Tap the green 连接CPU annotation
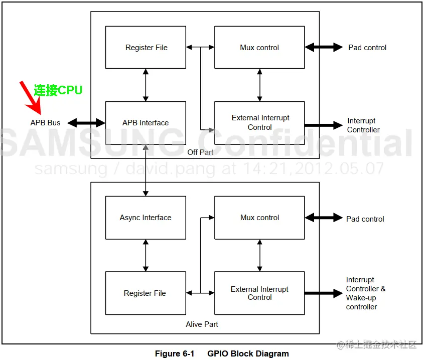click(58, 90)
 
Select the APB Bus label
click(45, 123)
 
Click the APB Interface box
click(146, 123)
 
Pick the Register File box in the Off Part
click(146, 48)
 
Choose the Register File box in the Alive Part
click(145, 293)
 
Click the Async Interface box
click(146, 218)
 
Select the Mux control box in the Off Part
click(259, 48)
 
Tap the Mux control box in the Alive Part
click(259, 218)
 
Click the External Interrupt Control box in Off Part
click(259, 123)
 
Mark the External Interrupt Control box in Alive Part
click(259, 293)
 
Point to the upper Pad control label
click(367, 48)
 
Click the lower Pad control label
click(365, 219)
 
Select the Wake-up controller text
click(361, 302)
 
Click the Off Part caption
click(200, 152)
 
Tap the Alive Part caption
click(202, 324)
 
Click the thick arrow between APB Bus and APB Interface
click(86, 123)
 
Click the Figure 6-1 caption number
click(174, 353)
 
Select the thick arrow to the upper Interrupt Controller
click(323, 125)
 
